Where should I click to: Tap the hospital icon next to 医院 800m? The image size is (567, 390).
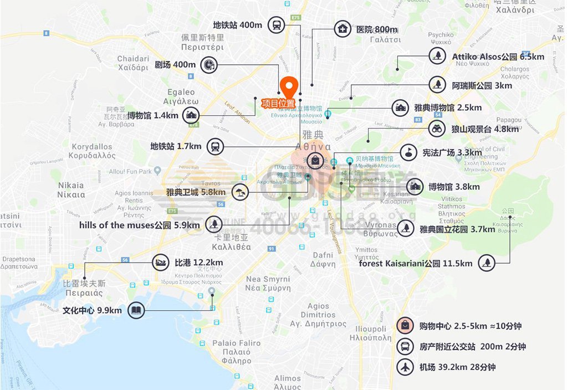click(x=343, y=29)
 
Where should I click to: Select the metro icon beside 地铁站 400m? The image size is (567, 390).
click(x=276, y=25)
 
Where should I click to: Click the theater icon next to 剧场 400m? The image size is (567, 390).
click(x=208, y=65)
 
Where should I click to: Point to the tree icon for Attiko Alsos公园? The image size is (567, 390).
click(x=438, y=56)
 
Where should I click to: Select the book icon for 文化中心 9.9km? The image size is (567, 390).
click(x=136, y=310)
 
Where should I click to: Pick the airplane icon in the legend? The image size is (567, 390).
click(x=406, y=367)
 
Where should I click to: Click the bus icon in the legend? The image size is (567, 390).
click(x=406, y=347)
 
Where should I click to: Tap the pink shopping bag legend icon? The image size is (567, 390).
click(x=406, y=326)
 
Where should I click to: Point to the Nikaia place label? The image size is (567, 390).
click(x=71, y=189)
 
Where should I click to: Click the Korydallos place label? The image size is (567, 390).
click(x=93, y=151)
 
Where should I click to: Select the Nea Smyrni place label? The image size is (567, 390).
click(x=268, y=283)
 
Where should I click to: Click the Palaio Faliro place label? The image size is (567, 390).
click(x=236, y=347)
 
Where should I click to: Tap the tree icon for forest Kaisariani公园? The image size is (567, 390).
click(x=487, y=263)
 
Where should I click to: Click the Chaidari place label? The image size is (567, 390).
click(x=133, y=63)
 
